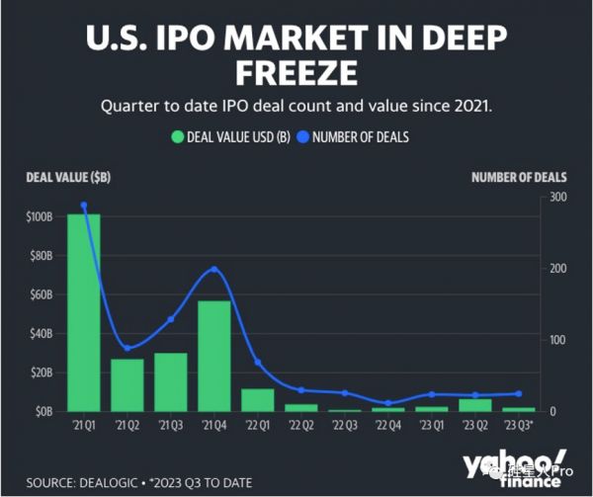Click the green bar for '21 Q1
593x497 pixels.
84,312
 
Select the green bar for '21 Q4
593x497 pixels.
214,356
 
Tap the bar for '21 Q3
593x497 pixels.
171,381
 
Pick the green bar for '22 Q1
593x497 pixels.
258,399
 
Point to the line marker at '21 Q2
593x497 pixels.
127,348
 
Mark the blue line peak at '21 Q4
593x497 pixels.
214,269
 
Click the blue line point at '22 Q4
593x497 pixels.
388,403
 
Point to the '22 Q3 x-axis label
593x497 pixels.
345,426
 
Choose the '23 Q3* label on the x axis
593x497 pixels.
520,426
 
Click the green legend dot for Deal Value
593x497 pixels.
179,136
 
